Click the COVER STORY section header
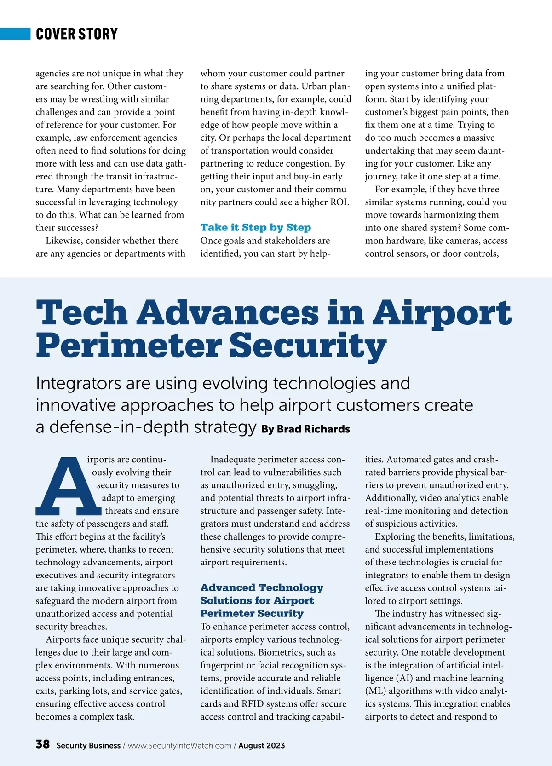pos(77,34)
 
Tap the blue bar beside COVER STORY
pos(15,34)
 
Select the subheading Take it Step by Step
pos(255,227)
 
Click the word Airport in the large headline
pos(442,312)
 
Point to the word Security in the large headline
pos(308,346)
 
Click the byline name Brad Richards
pos(313,429)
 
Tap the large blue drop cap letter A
pos(68,486)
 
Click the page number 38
pos(43,744)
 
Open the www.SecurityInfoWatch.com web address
pos(179,745)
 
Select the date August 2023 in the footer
pos(261,745)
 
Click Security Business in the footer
pos(88,745)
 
